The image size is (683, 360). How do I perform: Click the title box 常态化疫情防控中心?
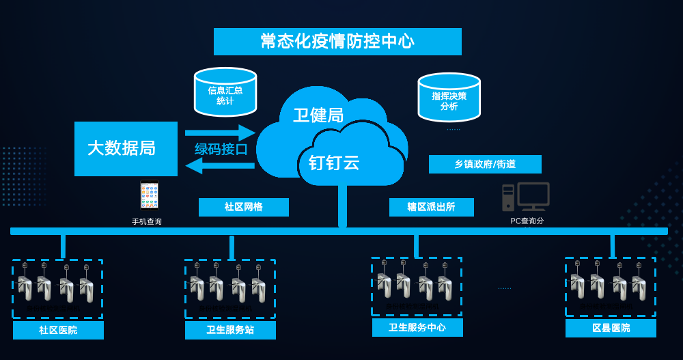click(337, 42)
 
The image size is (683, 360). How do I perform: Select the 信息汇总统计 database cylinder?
click(225, 92)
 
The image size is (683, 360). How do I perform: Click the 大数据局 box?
click(126, 148)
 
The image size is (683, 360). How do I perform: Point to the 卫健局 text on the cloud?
click(318, 115)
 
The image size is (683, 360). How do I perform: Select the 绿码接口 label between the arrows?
click(221, 149)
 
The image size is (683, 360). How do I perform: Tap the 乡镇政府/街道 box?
click(485, 164)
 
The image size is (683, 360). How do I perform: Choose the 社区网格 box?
click(244, 207)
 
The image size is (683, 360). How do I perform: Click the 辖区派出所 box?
click(431, 207)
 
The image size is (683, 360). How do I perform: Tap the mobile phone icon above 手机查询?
click(149, 195)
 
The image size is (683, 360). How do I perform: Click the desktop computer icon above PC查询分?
click(525, 197)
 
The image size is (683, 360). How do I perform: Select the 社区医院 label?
click(58, 330)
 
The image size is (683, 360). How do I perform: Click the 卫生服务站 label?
click(230, 330)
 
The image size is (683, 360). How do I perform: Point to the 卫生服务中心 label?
click(417, 328)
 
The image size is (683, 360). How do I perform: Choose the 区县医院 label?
click(611, 329)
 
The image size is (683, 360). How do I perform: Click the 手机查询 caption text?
click(147, 221)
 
